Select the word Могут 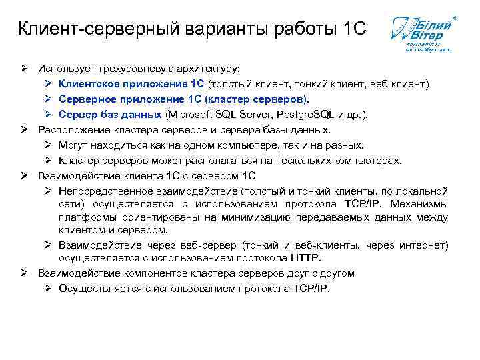(73, 145)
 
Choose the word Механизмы (419, 204)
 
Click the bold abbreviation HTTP (306, 258)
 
